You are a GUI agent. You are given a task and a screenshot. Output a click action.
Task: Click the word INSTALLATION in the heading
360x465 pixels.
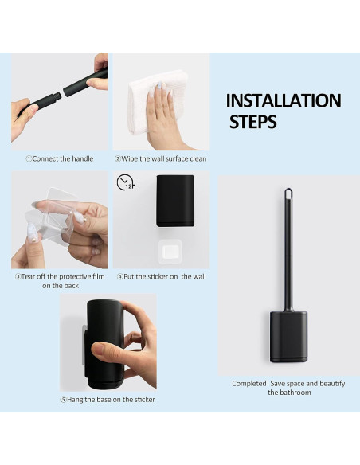click(x=284, y=100)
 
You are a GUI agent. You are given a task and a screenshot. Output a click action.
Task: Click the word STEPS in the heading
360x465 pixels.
click(x=253, y=122)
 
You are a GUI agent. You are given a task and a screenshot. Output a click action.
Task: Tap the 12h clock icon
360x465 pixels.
click(x=126, y=182)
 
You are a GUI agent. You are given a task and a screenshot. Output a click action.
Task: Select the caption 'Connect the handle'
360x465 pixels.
click(x=60, y=158)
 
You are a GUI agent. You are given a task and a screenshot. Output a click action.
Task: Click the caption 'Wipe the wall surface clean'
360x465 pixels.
click(x=160, y=158)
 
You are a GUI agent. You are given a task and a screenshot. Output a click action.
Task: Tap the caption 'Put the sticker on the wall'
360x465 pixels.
click(x=162, y=276)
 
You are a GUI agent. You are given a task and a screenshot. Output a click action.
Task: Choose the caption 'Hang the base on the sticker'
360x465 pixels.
click(x=108, y=400)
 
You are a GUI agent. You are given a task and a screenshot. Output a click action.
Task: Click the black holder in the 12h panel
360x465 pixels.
click(x=175, y=201)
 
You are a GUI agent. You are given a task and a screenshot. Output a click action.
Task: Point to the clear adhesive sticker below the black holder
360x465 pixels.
click(x=170, y=252)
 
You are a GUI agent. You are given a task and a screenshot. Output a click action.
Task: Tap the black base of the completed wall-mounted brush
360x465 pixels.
click(x=288, y=337)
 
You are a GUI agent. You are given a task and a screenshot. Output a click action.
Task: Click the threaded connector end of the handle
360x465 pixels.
click(x=56, y=96)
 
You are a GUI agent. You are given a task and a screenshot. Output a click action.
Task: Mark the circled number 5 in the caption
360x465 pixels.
click(x=63, y=400)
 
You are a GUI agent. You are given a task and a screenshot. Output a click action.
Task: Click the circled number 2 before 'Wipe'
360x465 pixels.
click(x=118, y=158)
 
